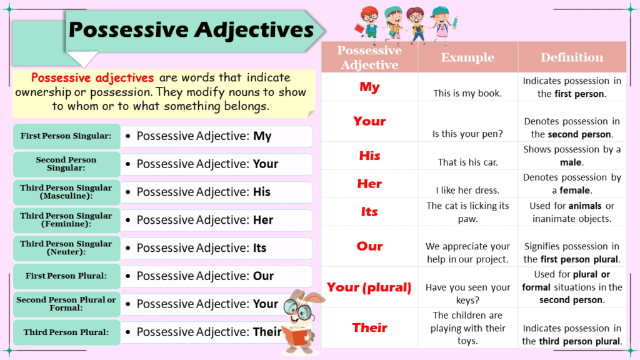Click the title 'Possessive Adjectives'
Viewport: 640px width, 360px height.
coord(191,29)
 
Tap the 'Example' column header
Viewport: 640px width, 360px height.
coord(467,57)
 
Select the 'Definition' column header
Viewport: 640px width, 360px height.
coord(572,57)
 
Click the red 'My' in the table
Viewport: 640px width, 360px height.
coord(369,87)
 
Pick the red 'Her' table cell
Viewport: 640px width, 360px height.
coord(369,184)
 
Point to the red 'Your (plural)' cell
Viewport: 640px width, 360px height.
coord(369,287)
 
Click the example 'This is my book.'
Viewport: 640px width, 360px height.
coord(467,94)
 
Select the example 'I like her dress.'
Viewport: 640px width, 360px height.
coord(467,190)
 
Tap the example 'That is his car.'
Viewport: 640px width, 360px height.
coord(467,162)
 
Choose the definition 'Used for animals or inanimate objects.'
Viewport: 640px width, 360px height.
coord(572,212)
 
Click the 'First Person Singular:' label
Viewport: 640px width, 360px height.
coord(66,136)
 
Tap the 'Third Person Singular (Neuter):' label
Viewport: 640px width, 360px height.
coord(66,248)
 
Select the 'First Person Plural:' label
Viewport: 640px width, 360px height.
coord(66,276)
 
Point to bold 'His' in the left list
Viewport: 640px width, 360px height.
coord(262,192)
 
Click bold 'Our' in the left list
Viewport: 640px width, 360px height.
coord(263,276)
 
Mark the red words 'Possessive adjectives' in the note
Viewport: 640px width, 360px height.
coord(92,78)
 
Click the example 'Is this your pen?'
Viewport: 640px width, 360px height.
coord(467,134)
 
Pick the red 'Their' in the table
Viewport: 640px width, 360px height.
coord(369,327)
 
